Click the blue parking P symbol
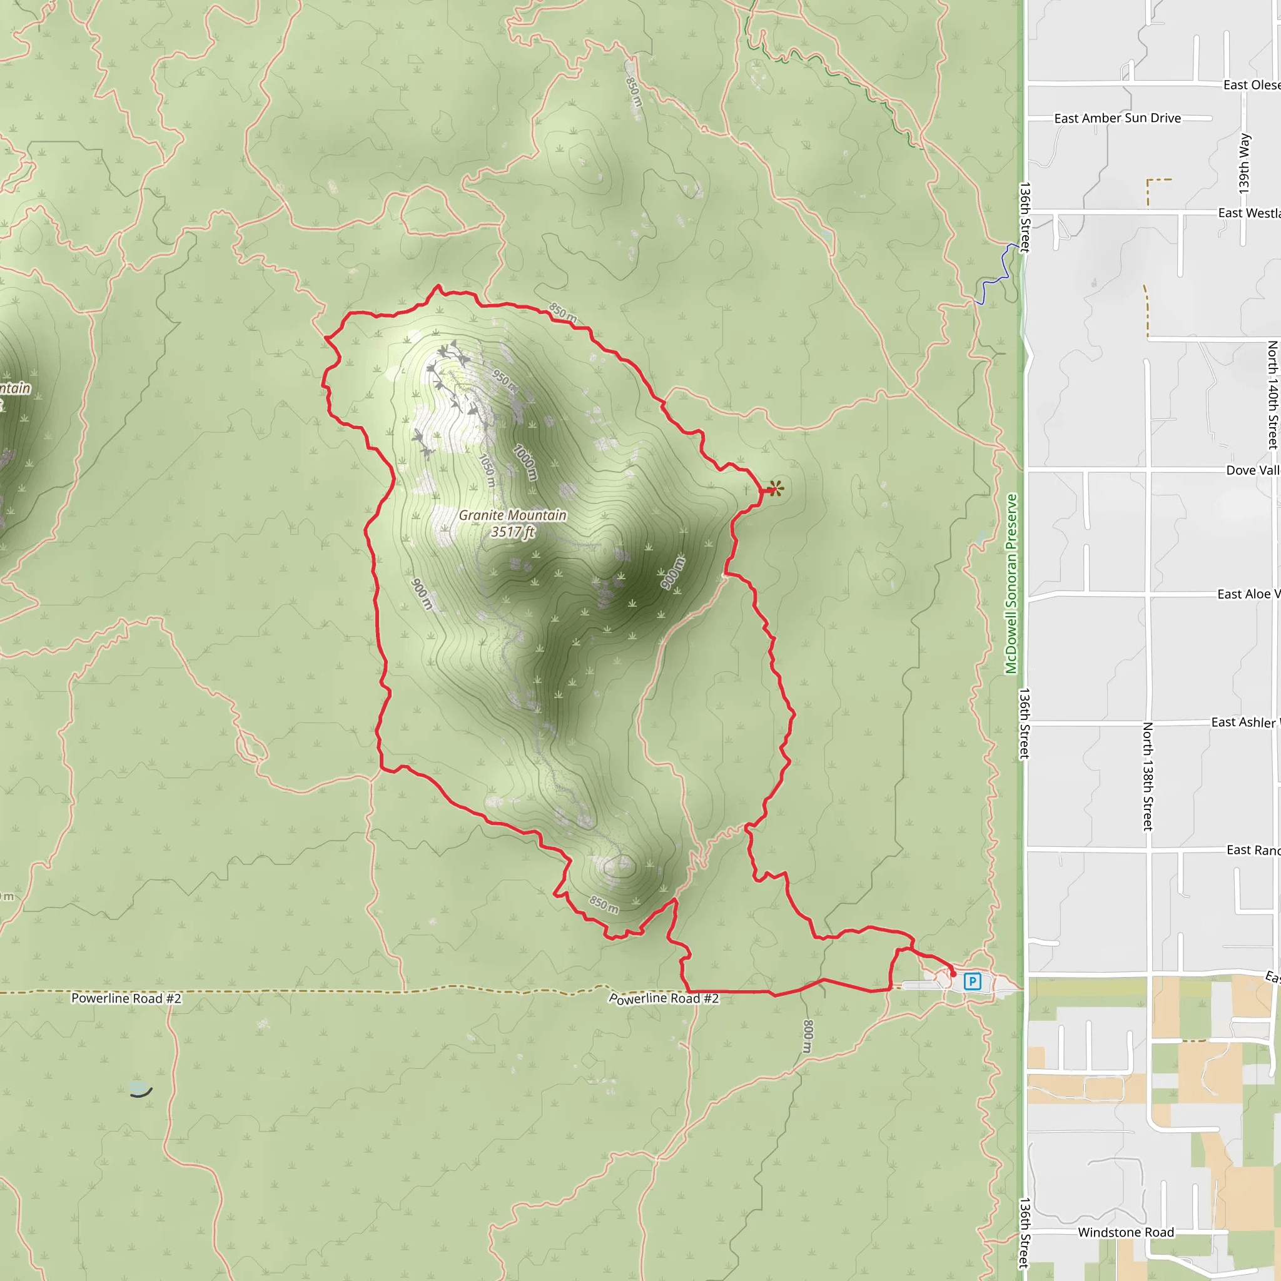[972, 981]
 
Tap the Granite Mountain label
[512, 515]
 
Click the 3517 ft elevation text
[512, 532]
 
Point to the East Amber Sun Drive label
[1117, 118]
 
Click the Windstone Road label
[1126, 1232]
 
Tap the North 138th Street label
[1148, 776]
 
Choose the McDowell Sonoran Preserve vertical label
[1011, 584]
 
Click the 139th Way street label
[1245, 164]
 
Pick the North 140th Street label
[1272, 395]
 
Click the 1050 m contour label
[487, 470]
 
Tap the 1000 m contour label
[526, 462]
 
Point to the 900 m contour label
[422, 594]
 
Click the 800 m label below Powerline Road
[808, 1036]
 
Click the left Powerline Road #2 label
[126, 998]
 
